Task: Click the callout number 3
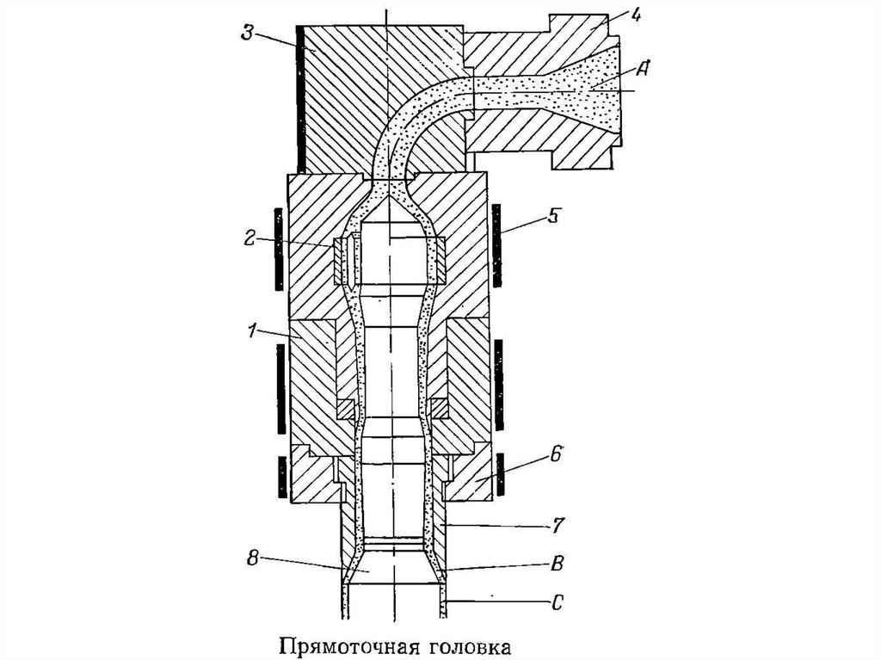click(248, 32)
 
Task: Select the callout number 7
click(556, 526)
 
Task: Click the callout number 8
click(253, 558)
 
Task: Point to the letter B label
click(557, 564)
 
